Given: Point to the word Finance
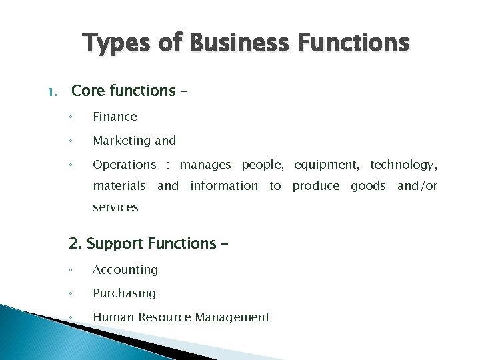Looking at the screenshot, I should click(x=115, y=117).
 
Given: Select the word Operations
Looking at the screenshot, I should click(x=124, y=165).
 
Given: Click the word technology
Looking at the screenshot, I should click(x=403, y=165).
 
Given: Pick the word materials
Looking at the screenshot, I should click(x=119, y=186).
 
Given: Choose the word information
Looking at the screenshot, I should click(x=223, y=186).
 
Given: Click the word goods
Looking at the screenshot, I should click(x=368, y=186).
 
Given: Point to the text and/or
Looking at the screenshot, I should click(x=417, y=186).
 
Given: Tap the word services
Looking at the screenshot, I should click(x=115, y=207).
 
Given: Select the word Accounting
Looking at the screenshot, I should click(x=125, y=270).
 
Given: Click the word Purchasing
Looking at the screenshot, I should click(x=124, y=293).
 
